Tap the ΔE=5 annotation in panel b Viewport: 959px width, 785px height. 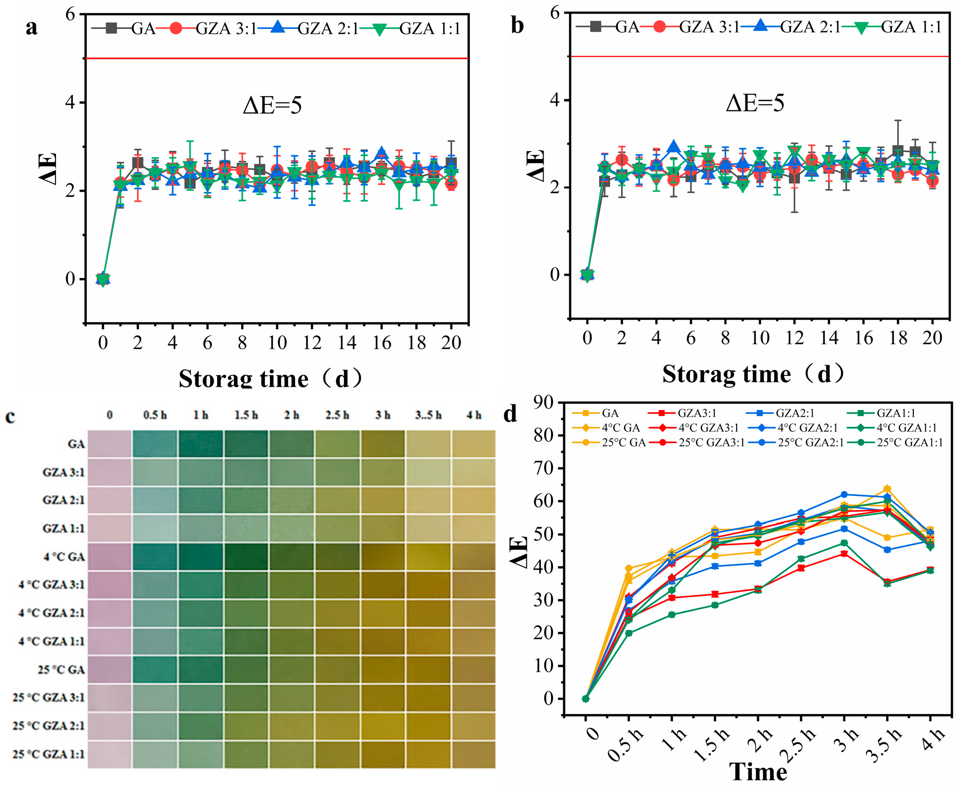click(x=755, y=103)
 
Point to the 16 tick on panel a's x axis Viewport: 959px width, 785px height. click(x=382, y=343)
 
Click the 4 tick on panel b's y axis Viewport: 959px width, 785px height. click(x=554, y=100)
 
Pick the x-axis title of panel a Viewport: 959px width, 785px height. click(x=270, y=378)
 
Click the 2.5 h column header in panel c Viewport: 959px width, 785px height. click(x=337, y=415)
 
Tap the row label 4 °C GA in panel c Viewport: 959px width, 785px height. click(x=64, y=556)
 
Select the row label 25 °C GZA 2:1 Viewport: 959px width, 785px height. click(x=48, y=725)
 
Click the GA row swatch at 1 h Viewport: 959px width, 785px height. click(x=200, y=444)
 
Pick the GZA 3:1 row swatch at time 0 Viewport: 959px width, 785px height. click(x=110, y=472)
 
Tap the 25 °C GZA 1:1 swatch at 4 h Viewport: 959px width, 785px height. click(x=473, y=754)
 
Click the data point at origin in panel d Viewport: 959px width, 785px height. click(x=586, y=699)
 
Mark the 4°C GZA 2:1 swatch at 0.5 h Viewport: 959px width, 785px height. click(x=155, y=613)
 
